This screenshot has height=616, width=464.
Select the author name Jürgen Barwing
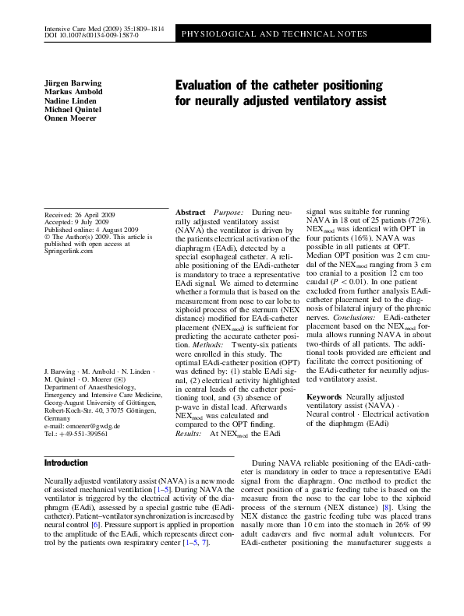73,83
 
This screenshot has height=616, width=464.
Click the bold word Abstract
191,213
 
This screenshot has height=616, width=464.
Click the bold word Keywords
324,397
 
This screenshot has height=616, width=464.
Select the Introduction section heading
66,463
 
